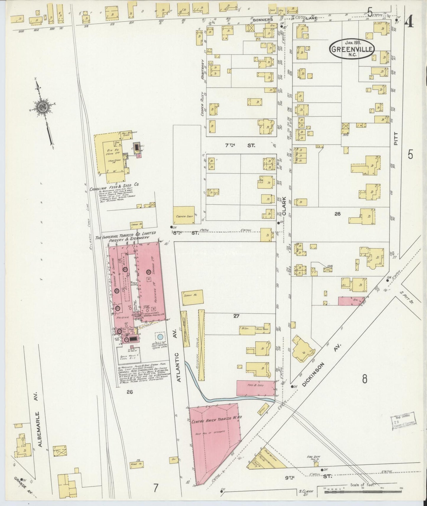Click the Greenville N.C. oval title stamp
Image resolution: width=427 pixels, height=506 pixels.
coord(352,49)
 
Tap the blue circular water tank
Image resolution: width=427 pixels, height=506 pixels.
coord(160,337)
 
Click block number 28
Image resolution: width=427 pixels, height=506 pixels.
coord(337,214)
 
